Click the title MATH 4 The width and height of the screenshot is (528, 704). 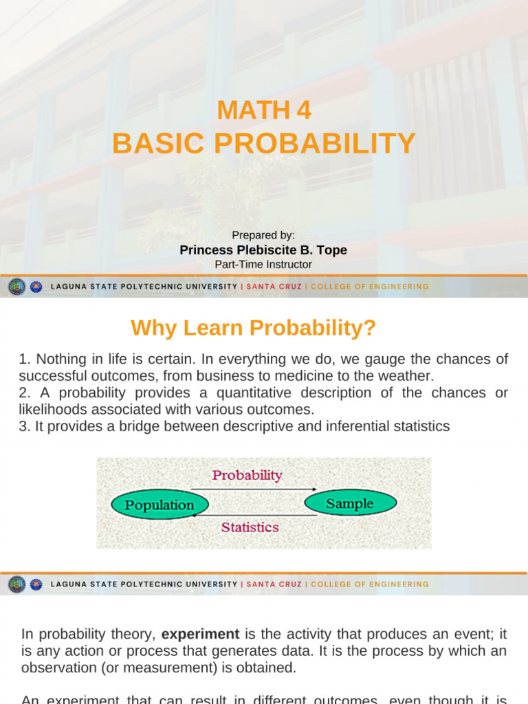click(x=263, y=110)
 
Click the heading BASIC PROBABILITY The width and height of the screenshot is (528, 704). click(x=263, y=144)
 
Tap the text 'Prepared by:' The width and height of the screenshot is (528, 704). click(x=263, y=235)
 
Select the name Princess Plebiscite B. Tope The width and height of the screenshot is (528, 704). click(x=263, y=250)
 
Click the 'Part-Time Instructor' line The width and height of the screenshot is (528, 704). click(x=263, y=265)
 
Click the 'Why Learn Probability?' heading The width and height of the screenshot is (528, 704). click(x=254, y=328)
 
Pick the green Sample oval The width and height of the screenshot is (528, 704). click(x=350, y=503)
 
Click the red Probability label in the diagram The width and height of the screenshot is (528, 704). click(x=247, y=475)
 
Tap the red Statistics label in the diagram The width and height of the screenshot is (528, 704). click(x=250, y=527)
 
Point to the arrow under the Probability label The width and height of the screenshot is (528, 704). click(x=253, y=489)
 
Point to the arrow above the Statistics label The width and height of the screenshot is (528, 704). click(x=253, y=514)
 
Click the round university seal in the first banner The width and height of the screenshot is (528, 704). click(x=16, y=287)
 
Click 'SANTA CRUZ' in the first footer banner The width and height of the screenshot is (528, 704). click(x=274, y=287)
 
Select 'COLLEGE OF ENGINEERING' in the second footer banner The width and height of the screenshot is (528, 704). click(x=369, y=584)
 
